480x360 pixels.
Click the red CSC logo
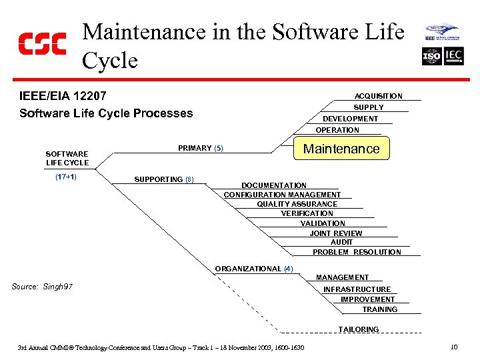(x=42, y=44)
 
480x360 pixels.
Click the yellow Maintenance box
(x=341, y=149)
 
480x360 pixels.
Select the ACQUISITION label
(x=378, y=96)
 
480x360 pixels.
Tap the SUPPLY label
(x=368, y=107)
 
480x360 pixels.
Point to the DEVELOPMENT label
(x=350, y=119)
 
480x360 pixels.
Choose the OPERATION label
(x=337, y=130)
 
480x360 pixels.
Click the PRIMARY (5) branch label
(x=200, y=148)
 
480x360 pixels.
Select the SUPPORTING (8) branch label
(x=163, y=179)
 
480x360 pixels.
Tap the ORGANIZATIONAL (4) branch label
(x=253, y=269)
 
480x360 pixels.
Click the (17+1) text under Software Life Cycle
(x=65, y=177)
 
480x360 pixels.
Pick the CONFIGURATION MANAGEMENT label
(x=282, y=195)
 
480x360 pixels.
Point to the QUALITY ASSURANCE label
(x=297, y=204)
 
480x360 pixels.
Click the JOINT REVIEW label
(x=336, y=233)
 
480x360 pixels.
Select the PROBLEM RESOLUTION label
(x=357, y=252)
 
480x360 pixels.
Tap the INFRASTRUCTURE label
(x=357, y=289)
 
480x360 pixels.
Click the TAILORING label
(x=358, y=329)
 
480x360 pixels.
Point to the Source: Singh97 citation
(x=43, y=287)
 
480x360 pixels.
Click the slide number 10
(x=453, y=347)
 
